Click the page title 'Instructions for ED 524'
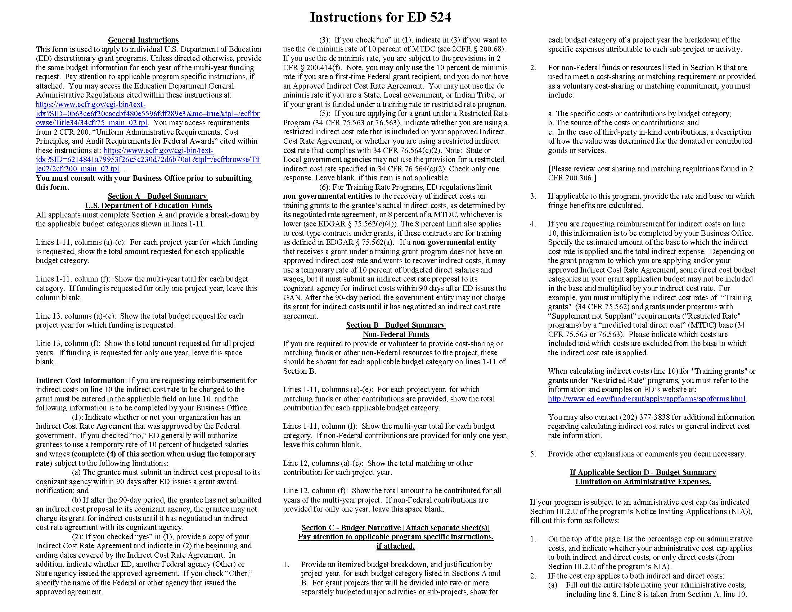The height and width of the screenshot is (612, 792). point(380,17)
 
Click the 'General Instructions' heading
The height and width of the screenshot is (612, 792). point(143,40)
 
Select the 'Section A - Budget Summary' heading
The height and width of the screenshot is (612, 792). point(157,196)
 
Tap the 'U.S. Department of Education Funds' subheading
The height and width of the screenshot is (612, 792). point(149,206)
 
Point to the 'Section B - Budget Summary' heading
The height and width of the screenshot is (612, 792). point(396,325)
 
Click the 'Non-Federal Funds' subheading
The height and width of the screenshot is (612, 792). point(396,334)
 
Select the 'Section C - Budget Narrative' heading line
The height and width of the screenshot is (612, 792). point(396,527)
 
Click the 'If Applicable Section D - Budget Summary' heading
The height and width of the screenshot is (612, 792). point(643,472)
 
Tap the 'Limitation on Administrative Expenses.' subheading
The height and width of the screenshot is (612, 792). point(643,481)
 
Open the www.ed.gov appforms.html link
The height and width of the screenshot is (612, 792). point(647,399)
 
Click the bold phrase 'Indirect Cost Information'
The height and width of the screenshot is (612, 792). point(80,380)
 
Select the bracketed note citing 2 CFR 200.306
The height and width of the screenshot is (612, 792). point(651,173)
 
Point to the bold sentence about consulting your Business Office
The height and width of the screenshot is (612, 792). point(144,183)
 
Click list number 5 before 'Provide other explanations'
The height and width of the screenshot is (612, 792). point(533,454)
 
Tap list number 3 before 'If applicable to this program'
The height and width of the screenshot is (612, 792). point(533,196)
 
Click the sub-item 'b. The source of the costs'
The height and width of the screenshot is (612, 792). point(623,122)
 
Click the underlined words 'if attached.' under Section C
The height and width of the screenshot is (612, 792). point(396,546)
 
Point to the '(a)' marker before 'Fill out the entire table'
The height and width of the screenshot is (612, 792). point(552,585)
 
